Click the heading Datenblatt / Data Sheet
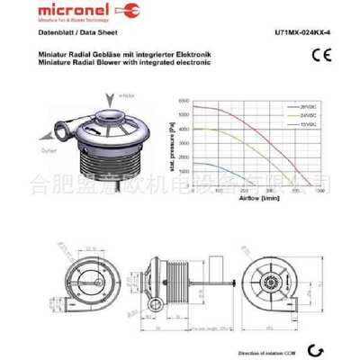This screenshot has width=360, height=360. (x=71, y=32)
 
